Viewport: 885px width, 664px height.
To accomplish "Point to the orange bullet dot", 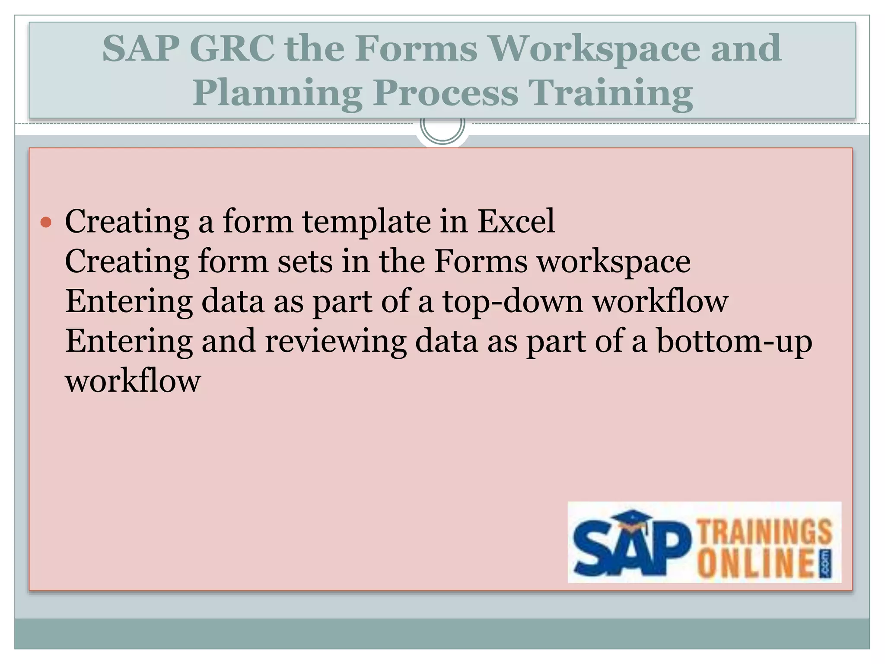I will pos(46,223).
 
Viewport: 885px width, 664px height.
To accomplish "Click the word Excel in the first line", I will pos(516,221).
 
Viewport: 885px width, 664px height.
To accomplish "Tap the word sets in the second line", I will pos(305,262).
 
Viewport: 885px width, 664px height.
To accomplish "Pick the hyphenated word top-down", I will pos(513,302).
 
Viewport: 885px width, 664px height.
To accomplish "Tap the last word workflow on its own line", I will pos(133,381).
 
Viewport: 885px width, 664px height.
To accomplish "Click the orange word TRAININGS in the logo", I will pos(765,531).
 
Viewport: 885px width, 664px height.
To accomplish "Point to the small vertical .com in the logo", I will pos(826,564).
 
